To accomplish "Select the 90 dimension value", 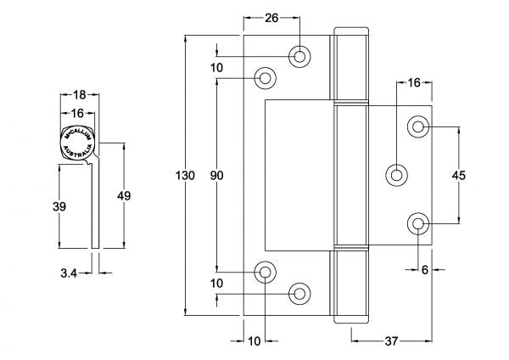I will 216,176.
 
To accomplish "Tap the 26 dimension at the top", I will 271,16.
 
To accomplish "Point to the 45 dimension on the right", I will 459,176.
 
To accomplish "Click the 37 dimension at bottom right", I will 393,341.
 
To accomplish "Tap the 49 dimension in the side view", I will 124,195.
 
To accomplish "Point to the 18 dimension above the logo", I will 78,96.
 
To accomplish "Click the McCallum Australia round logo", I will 78,141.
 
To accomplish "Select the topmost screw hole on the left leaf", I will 299,56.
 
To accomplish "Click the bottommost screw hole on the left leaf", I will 299,294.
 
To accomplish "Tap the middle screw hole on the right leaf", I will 396,175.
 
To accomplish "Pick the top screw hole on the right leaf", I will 418,127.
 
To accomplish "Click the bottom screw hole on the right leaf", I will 418,224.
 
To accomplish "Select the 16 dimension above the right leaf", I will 414,82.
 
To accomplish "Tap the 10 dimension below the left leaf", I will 254,341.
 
